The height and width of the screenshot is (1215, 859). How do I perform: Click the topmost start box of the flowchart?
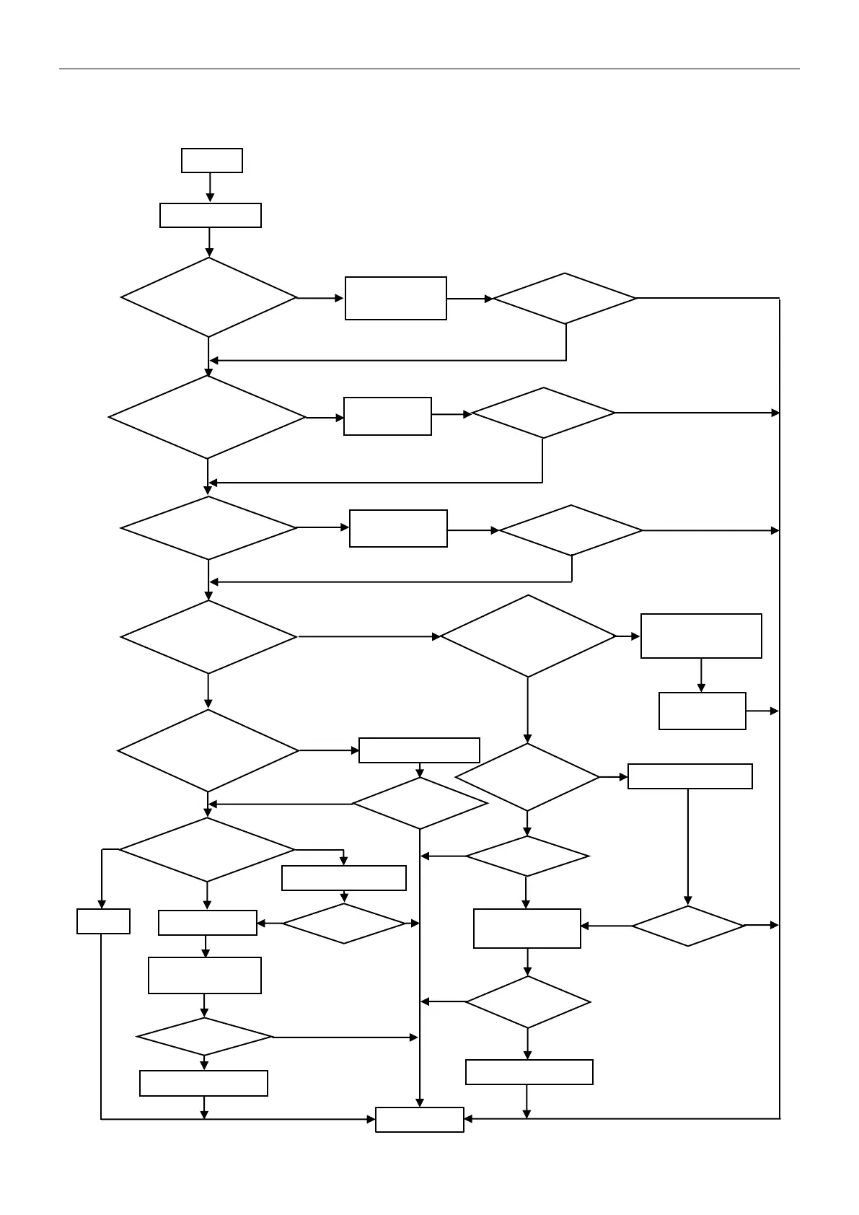211,160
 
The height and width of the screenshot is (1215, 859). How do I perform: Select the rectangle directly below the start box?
210,215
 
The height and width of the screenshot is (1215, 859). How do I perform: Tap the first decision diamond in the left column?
208,297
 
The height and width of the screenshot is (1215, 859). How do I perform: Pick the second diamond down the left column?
207,417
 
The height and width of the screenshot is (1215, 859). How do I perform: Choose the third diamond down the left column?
208,528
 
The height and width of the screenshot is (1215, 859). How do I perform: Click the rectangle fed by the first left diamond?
395,298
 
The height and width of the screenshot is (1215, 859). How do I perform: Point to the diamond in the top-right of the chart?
565,298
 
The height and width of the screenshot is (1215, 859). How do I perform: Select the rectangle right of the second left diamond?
387,416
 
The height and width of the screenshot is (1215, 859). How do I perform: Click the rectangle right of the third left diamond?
398,528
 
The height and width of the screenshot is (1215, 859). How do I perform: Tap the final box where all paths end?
419,1119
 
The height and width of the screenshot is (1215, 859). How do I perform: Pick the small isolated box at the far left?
103,921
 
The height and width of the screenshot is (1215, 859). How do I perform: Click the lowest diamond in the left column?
205,1037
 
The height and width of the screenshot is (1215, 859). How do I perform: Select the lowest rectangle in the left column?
203,1083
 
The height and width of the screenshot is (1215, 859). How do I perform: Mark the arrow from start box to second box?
210,188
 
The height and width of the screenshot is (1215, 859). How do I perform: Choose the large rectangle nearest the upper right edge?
701,636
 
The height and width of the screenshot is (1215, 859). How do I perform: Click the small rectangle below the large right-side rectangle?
702,711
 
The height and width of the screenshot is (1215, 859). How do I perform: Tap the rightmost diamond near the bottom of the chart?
688,926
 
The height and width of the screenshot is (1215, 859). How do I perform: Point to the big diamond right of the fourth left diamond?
528,636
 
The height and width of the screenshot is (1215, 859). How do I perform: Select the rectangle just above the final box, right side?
529,1071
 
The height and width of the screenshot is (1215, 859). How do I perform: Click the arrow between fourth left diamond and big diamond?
368,636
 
